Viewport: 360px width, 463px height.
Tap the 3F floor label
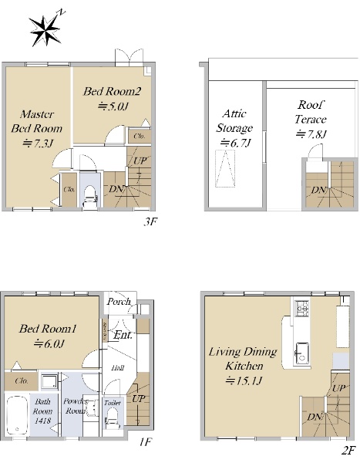tap(150, 221)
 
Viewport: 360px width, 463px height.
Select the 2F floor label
tap(348, 451)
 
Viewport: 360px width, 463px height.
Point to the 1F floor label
tap(146, 442)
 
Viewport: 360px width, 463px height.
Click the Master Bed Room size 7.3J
tap(38, 144)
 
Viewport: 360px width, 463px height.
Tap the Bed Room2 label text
tap(112, 91)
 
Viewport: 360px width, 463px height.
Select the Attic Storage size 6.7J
tap(235, 143)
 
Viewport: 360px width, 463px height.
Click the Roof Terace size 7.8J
tap(311, 134)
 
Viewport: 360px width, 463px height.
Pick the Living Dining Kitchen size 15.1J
tap(244, 380)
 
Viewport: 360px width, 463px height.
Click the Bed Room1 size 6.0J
tap(49, 343)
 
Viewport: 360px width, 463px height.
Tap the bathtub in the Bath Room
tap(17, 415)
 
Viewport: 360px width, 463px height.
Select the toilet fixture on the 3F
tap(90, 196)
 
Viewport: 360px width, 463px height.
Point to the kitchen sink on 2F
tap(302, 353)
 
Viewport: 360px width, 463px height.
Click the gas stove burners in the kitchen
tap(302, 308)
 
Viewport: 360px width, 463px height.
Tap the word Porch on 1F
tap(119, 302)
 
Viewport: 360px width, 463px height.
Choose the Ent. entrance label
tap(123, 335)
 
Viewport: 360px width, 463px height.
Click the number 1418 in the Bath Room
tap(42, 421)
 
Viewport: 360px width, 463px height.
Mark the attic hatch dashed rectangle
tap(225, 168)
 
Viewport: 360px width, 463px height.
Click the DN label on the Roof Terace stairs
tap(318, 190)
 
